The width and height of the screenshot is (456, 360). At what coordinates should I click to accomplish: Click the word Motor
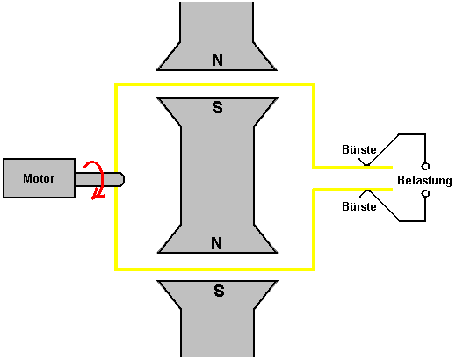(x=39, y=178)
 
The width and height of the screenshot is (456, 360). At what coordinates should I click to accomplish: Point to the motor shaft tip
(x=124, y=179)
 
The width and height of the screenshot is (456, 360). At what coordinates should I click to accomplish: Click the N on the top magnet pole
(x=217, y=60)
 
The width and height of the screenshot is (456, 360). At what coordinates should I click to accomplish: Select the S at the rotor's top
(x=217, y=107)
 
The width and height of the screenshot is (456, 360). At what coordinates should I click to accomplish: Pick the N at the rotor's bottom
(x=217, y=243)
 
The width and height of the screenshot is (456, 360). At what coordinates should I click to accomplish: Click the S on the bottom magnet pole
(x=219, y=291)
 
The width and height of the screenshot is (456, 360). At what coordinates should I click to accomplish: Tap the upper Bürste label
(x=359, y=149)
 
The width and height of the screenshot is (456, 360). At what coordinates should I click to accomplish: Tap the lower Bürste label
(x=359, y=206)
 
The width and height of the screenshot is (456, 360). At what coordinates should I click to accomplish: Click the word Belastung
(x=424, y=180)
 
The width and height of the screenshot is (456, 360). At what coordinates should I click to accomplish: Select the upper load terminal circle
(x=425, y=166)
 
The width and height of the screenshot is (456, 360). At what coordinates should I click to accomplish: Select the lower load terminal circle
(x=425, y=193)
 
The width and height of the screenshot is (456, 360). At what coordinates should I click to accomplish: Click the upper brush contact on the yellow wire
(x=366, y=166)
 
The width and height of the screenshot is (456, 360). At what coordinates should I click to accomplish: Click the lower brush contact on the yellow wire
(x=367, y=191)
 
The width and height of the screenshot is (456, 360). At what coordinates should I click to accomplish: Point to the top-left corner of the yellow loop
(x=116, y=84)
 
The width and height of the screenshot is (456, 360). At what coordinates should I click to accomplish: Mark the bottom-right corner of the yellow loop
(x=314, y=269)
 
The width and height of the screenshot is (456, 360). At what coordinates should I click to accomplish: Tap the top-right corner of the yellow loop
(x=314, y=84)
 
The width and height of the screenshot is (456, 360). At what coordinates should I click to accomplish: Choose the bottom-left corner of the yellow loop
(x=116, y=269)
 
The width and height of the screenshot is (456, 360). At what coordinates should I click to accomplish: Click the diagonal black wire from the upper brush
(x=383, y=149)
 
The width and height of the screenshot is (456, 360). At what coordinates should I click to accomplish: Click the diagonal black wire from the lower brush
(x=384, y=205)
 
